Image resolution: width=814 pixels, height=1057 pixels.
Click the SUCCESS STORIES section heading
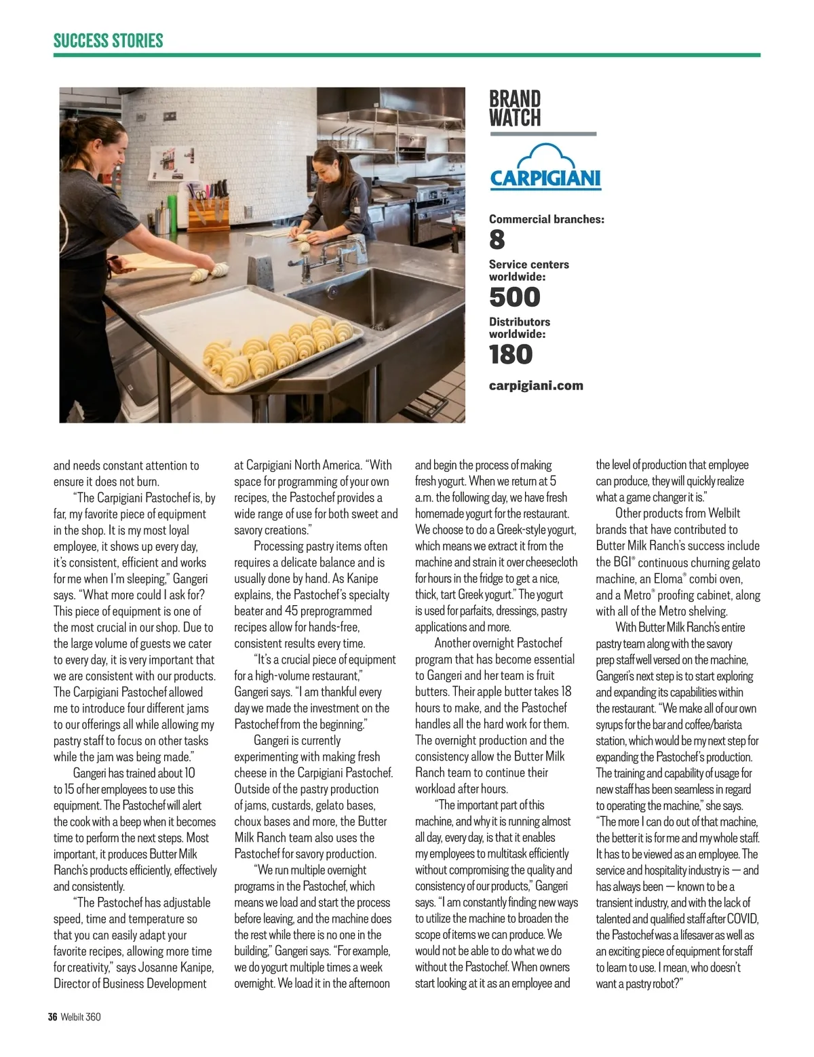click(x=109, y=41)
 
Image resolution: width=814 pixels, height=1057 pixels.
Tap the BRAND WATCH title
click(x=515, y=109)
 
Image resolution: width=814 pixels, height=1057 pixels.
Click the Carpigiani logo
click(x=545, y=167)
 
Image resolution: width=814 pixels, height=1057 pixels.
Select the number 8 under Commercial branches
click(x=497, y=239)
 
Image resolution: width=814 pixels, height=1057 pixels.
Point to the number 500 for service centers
click(x=515, y=297)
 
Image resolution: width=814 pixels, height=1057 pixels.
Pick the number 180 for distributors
click(x=511, y=354)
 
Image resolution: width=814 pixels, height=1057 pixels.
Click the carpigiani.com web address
click(x=536, y=385)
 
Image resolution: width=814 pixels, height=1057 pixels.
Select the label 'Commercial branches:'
click(x=546, y=219)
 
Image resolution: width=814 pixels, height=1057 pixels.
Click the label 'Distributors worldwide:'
click(x=520, y=328)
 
